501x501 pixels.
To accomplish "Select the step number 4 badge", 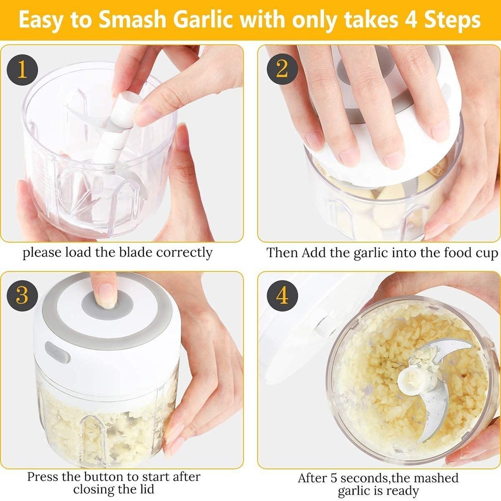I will [x=282, y=296].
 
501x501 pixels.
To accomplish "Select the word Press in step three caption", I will [x=44, y=476].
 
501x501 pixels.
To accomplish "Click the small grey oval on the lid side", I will [x=57, y=352].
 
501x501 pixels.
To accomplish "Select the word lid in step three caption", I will [x=144, y=489].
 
